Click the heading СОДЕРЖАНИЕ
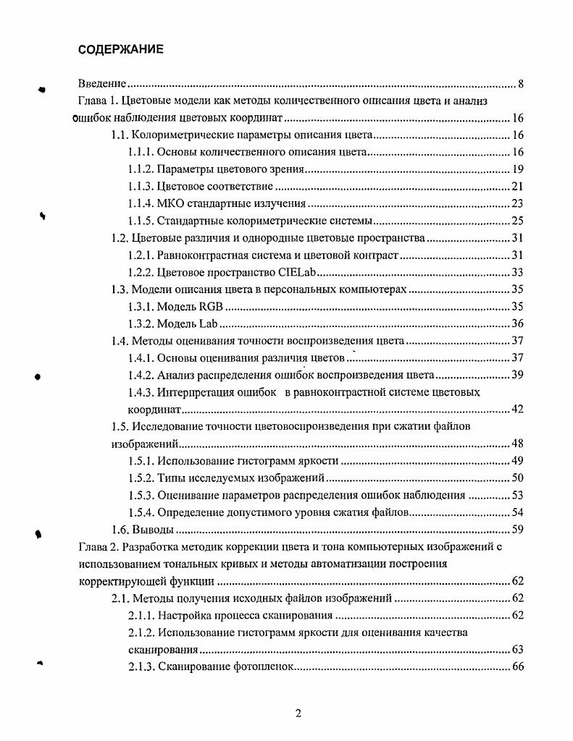pos(121,49)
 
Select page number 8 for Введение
pos(521,85)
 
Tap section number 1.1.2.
pos(141,170)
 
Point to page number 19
pos(517,170)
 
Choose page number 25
pos(517,221)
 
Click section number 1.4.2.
pos(141,375)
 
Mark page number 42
pos(517,410)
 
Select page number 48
pos(517,444)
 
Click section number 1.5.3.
pos(141,495)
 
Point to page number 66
pos(517,666)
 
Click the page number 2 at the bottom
pos(298,714)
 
